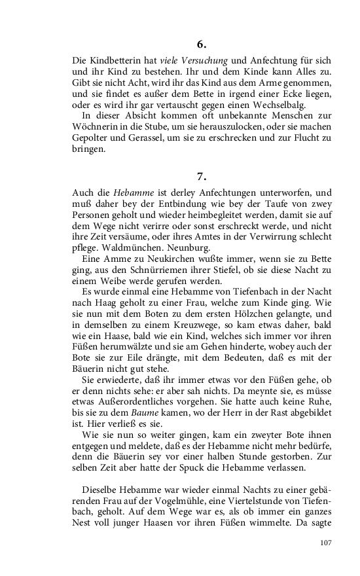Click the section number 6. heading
pos(202,44)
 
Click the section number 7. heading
pos(202,176)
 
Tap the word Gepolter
pos(90,139)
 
